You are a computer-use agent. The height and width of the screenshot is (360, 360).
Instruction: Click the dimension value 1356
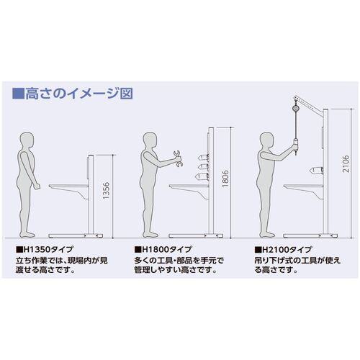coord(106,191)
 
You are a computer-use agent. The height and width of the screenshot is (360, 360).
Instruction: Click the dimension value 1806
coord(225,179)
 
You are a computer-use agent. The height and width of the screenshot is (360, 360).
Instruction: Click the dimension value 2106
coord(346,164)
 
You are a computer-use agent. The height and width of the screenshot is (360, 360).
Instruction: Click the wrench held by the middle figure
coord(178,158)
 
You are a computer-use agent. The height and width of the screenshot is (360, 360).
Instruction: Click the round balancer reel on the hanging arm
coord(295,108)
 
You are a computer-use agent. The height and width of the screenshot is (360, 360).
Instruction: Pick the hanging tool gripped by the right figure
coord(296,145)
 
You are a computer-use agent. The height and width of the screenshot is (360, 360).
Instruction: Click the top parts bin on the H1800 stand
coord(203,158)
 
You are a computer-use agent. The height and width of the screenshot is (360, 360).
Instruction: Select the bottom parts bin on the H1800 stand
coord(203,177)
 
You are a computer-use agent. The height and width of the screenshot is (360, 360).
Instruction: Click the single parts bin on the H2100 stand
coord(316,171)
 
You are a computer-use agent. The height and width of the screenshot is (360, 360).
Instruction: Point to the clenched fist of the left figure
coord(37,186)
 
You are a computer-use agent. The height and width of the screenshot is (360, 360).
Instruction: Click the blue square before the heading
coord(18,94)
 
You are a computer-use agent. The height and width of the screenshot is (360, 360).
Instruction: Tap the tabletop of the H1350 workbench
coord(68,186)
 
